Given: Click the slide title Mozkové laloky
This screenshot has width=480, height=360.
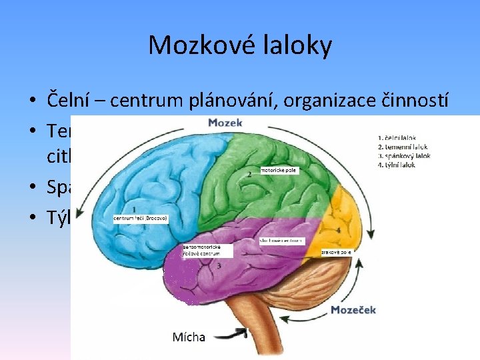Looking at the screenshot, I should pyautogui.click(x=240, y=45).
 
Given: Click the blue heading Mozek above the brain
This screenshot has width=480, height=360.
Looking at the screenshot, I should pyautogui.click(x=225, y=123).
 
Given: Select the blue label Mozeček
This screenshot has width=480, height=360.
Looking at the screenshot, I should pyautogui.click(x=354, y=310).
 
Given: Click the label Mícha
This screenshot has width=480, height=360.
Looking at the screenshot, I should pyautogui.click(x=189, y=337).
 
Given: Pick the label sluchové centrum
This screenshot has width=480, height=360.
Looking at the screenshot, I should pyautogui.click(x=281, y=240).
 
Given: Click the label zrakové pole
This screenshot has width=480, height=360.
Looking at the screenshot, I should pyautogui.click(x=336, y=252).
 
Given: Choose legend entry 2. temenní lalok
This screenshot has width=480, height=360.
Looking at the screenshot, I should pyautogui.click(x=403, y=147).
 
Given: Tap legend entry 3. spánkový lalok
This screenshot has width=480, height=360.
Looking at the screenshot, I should pyautogui.click(x=404, y=156).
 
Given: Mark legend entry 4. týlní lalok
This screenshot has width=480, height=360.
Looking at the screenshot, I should pyautogui.click(x=399, y=165).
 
